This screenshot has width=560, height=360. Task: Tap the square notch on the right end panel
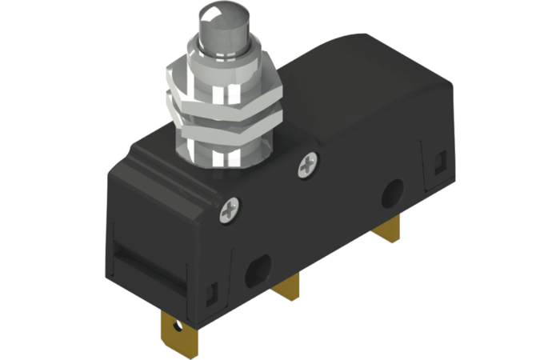[438, 163]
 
